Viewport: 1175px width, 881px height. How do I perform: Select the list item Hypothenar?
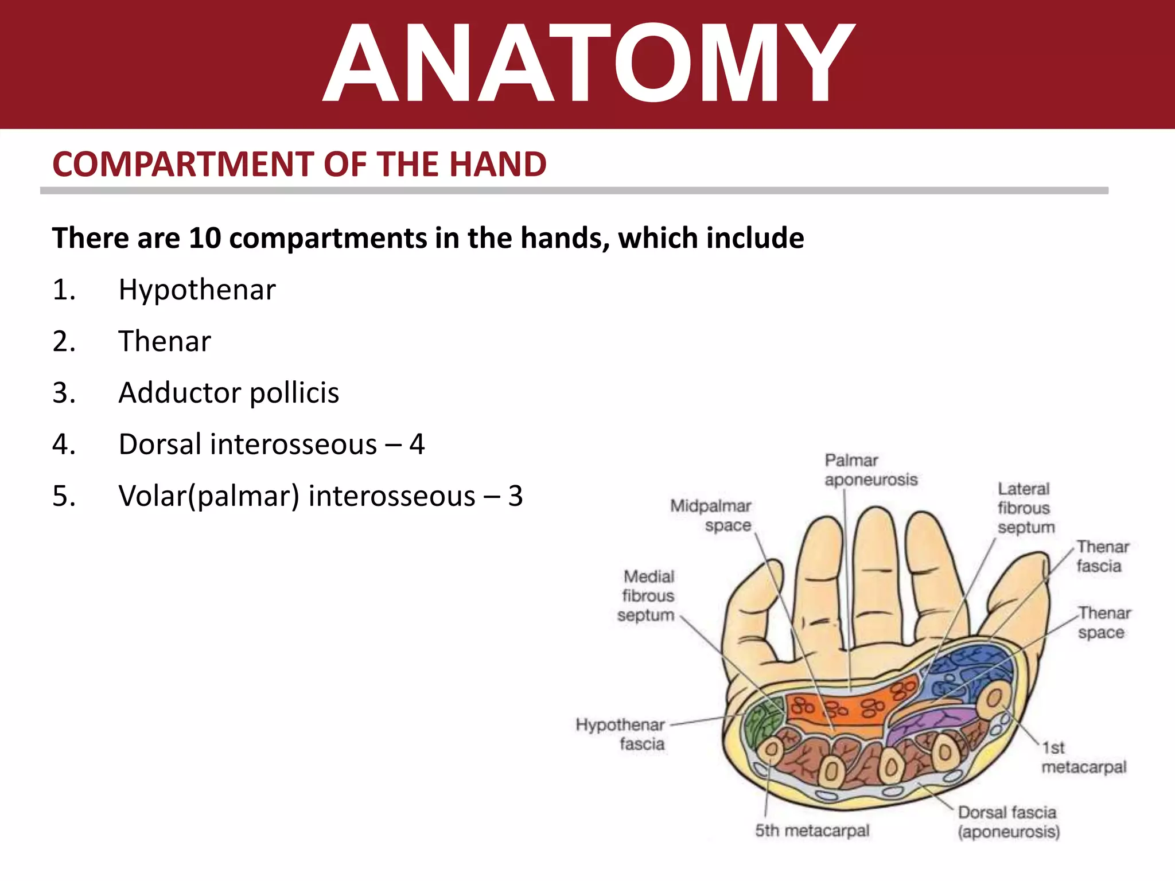click(197, 290)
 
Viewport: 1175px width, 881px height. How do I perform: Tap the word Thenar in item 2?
click(165, 341)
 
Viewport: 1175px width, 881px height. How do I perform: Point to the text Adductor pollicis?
click(228, 393)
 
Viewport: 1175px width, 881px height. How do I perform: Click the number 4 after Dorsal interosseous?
click(417, 445)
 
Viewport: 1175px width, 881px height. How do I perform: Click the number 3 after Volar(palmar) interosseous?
click(515, 496)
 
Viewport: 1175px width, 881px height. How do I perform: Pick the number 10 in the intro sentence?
click(205, 238)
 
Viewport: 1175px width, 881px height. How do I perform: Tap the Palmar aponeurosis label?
click(870, 470)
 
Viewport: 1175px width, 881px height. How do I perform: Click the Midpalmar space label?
click(711, 515)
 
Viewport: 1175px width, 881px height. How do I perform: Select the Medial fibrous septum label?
click(647, 595)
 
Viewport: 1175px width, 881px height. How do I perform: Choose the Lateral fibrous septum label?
click(1025, 508)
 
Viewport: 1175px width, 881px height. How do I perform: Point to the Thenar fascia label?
click(1102, 556)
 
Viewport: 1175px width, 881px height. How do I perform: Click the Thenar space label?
click(1103, 622)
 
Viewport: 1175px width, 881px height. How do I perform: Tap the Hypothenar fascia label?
click(621, 734)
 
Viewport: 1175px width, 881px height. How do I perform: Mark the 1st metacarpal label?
click(1083, 757)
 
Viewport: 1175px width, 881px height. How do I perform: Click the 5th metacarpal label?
click(812, 831)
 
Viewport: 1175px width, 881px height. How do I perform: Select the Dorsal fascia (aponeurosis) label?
click(1008, 822)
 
